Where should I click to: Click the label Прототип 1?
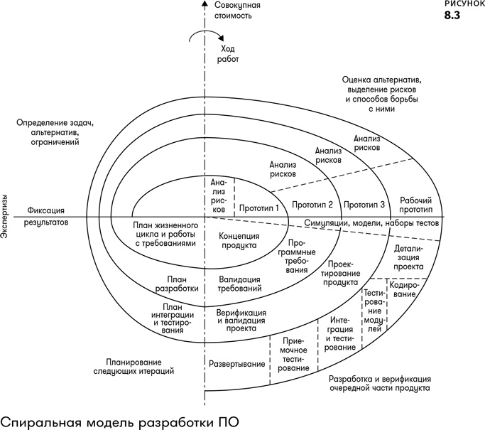pyautogui.click(x=258, y=208)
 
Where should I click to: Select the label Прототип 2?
pyautogui.click(x=312, y=205)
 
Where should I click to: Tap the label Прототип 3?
pyautogui.click(x=364, y=205)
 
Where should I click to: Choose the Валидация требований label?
pyautogui.click(x=239, y=284)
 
